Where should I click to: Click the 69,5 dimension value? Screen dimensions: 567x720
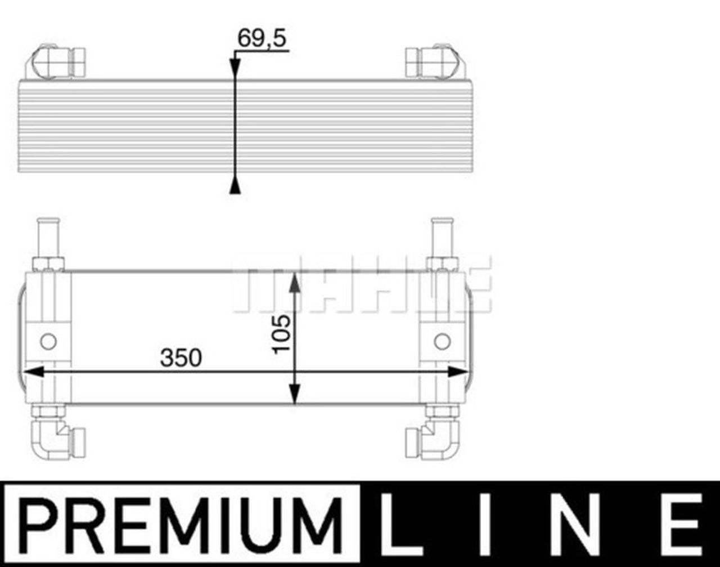tap(262, 38)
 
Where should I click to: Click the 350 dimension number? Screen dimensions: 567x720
tap(180, 358)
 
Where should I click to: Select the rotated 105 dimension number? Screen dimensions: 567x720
tap(281, 333)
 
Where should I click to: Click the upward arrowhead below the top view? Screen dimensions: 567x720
tap(235, 186)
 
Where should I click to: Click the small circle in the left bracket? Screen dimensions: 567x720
tap(48, 341)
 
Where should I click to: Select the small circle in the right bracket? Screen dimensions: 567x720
tap(442, 341)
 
